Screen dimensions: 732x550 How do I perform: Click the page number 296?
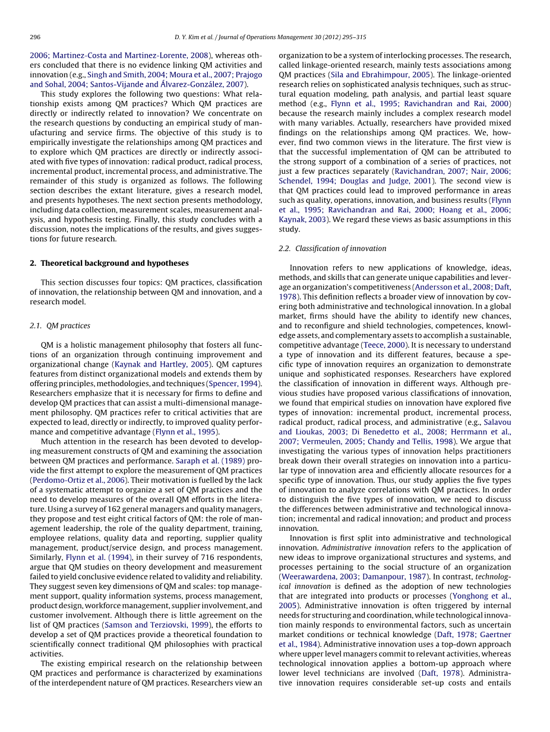[x=35, y=37]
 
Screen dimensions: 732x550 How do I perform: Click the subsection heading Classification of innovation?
[x=332, y=248]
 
